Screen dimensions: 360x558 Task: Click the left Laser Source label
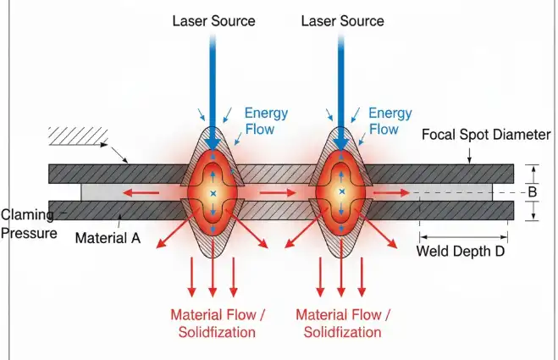[213, 20]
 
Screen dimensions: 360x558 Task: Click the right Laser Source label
[342, 20]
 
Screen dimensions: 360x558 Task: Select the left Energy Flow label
[267, 121]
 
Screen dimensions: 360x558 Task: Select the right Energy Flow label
[389, 121]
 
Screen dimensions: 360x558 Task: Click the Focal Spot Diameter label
[485, 135]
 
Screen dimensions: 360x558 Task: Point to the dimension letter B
[533, 192]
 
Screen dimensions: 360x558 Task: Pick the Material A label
[108, 238]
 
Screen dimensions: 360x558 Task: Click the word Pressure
[29, 230]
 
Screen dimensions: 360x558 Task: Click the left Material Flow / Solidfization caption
[218, 323]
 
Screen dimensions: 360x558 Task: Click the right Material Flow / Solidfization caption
[343, 323]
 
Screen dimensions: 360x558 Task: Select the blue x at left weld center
[213, 194]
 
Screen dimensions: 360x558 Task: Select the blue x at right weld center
[341, 194]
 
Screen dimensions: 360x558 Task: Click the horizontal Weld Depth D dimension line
[466, 235]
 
